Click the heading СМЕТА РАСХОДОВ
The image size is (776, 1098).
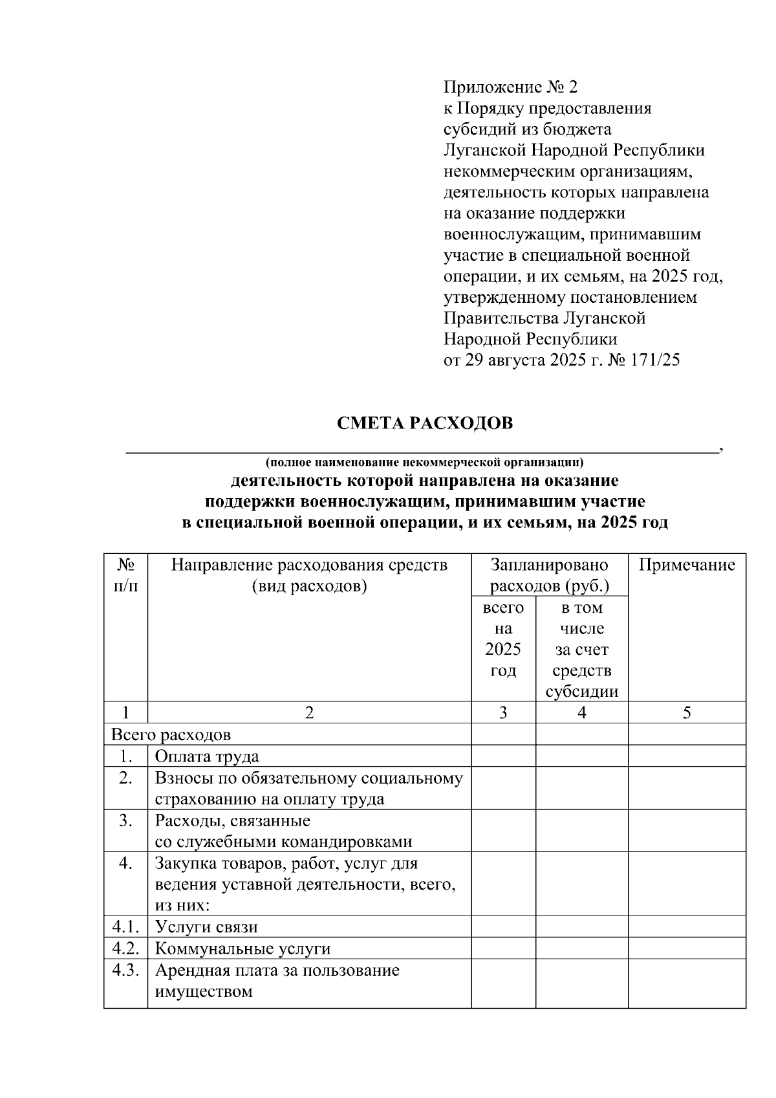(x=424, y=423)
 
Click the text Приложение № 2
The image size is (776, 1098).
(x=509, y=87)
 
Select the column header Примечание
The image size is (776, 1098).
(x=687, y=565)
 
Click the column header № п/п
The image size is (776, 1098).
(x=125, y=575)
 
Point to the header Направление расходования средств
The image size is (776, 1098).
(x=309, y=565)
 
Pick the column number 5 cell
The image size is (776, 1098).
(x=687, y=712)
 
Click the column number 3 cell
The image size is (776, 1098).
(x=503, y=712)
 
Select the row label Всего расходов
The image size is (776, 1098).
(x=171, y=735)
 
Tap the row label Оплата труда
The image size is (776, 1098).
(x=207, y=756)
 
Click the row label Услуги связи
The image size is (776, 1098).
(x=206, y=927)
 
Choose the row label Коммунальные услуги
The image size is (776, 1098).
(x=242, y=949)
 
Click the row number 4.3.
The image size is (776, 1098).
(x=125, y=971)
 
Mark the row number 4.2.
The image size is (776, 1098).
(x=125, y=949)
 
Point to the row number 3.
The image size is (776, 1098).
(x=125, y=821)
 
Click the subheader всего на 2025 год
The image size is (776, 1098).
(x=503, y=639)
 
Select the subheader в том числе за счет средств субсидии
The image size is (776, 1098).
(x=582, y=650)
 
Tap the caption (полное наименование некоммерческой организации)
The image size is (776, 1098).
(x=424, y=462)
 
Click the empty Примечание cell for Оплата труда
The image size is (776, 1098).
(x=687, y=756)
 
